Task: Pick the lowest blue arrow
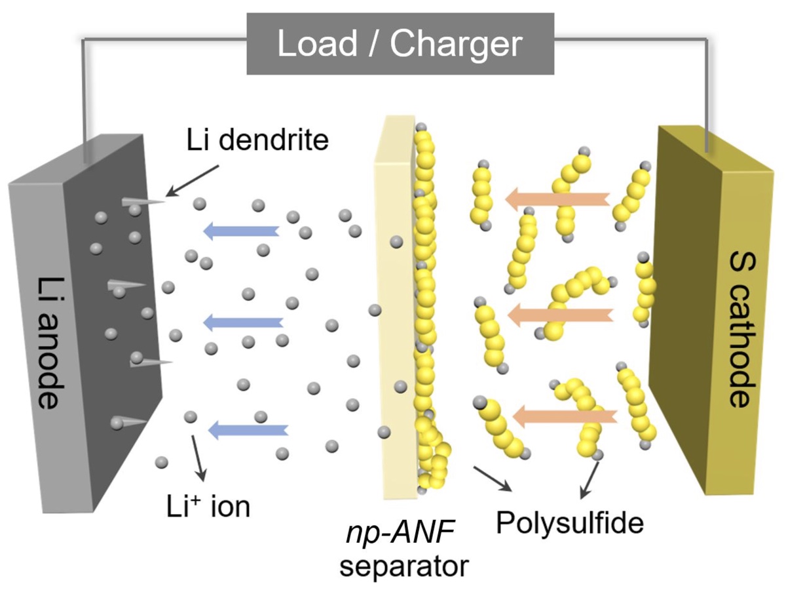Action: click(x=247, y=429)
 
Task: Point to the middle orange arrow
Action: click(x=560, y=315)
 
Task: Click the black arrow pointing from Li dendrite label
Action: click(x=194, y=180)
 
